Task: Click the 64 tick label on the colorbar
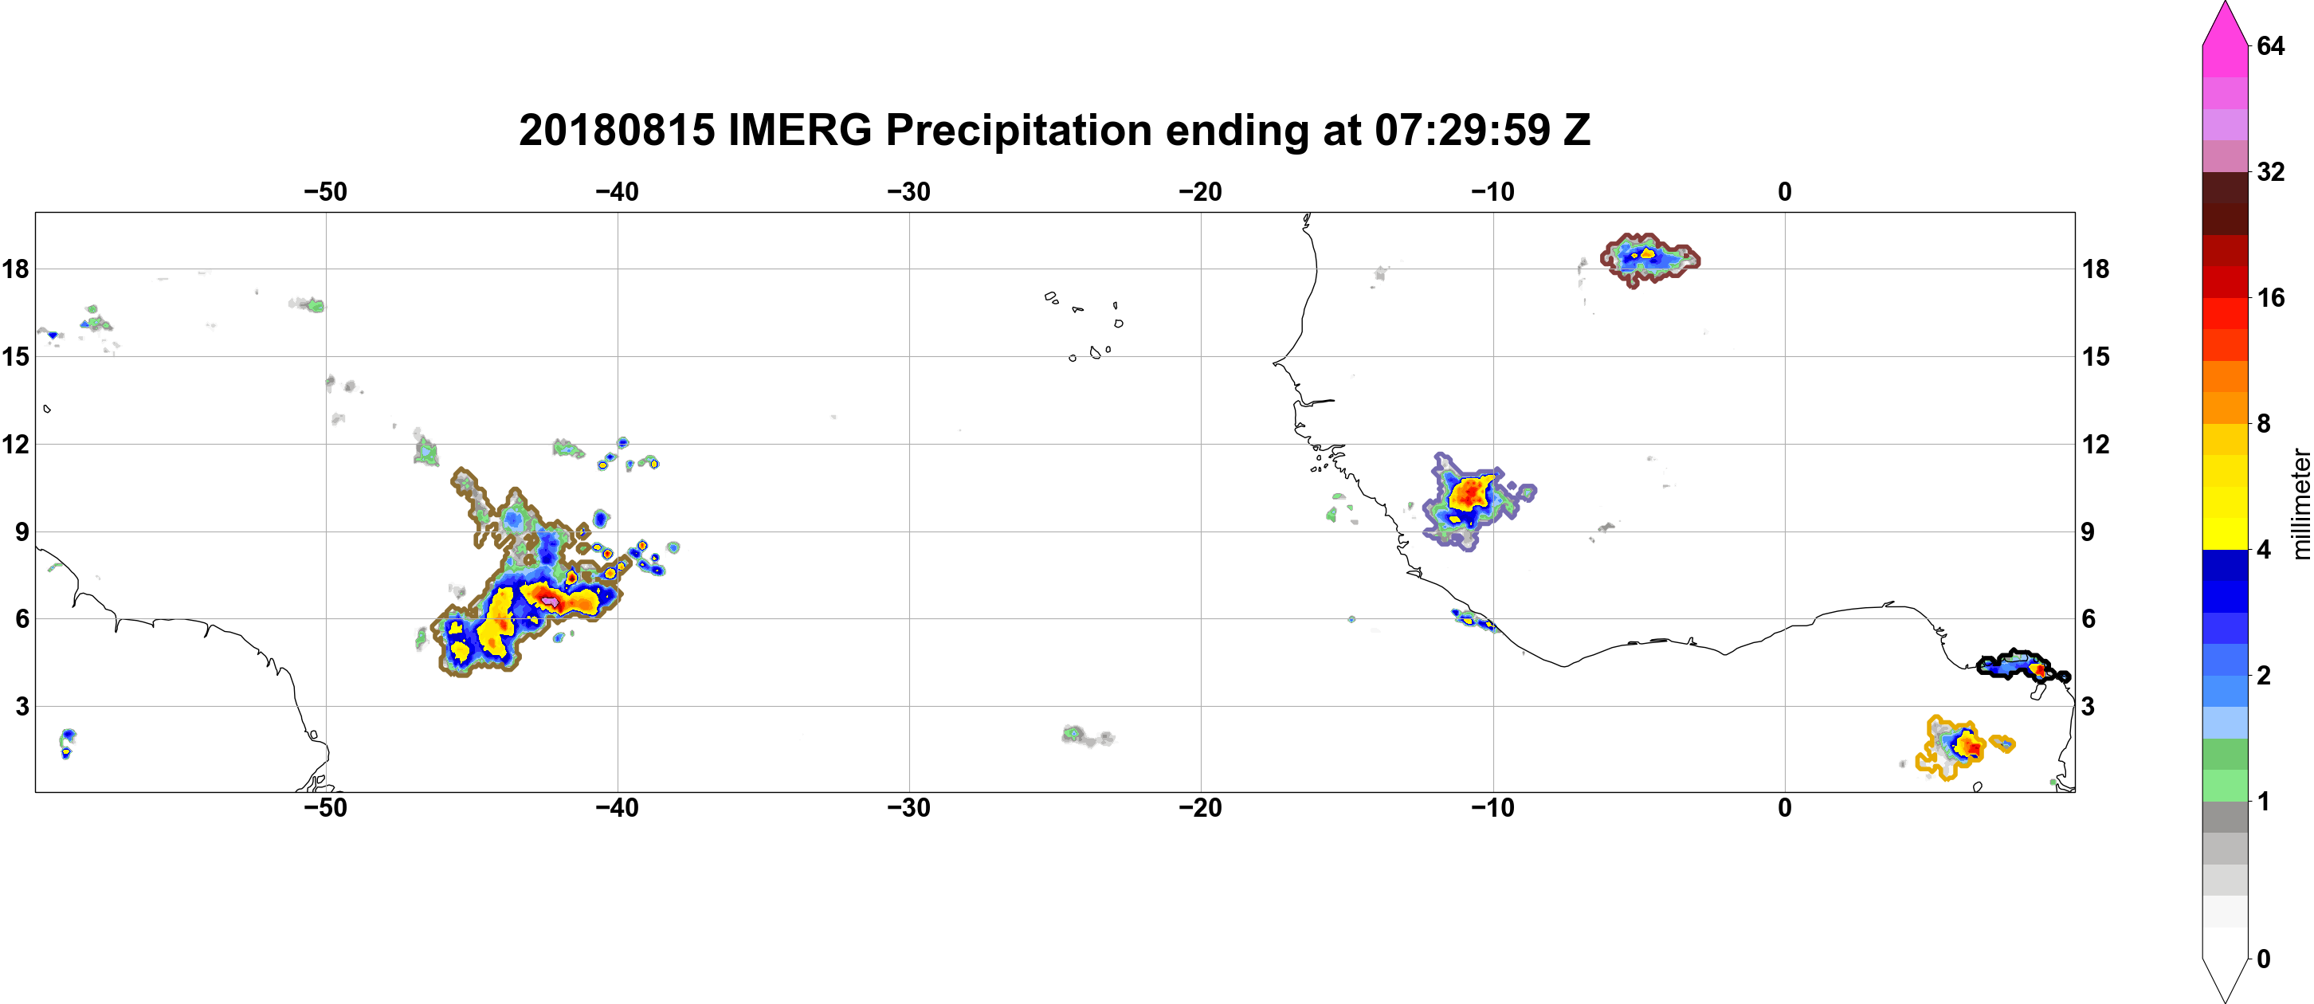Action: coord(2270,45)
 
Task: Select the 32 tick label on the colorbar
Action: coord(2270,171)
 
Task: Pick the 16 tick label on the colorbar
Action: coord(2270,298)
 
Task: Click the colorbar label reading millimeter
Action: coord(2300,504)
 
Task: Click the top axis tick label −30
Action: coord(909,192)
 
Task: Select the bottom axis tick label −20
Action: coord(1201,808)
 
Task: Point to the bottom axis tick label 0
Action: coord(1785,808)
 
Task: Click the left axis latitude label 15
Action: coord(15,356)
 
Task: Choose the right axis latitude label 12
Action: coord(2096,445)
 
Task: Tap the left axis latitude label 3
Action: coord(22,707)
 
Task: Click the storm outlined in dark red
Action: coord(1649,260)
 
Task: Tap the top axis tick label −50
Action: coord(325,192)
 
